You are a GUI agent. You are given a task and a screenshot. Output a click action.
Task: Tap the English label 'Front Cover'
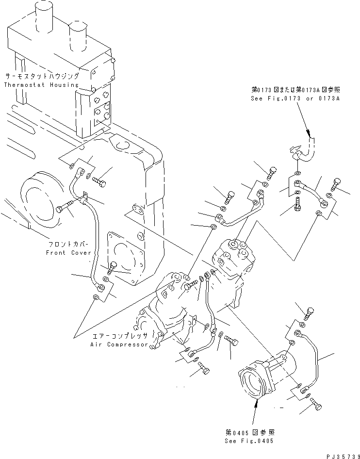(x=68, y=253)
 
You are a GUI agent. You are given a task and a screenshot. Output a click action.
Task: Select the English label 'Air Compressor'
(x=119, y=344)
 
